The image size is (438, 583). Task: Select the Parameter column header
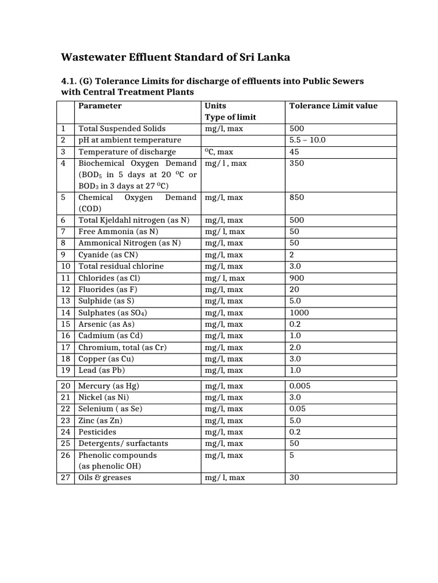pyautogui.click(x=100, y=106)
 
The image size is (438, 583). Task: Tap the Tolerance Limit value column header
pyautogui.click(x=333, y=106)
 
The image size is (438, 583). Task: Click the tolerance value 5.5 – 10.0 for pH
pyautogui.click(x=307, y=140)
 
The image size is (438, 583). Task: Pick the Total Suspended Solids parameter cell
pyautogui.click(x=122, y=129)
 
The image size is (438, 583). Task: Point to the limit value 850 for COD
pyautogui.click(x=297, y=197)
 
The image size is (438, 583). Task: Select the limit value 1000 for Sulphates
pyautogui.click(x=299, y=313)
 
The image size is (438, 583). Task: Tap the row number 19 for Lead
pyautogui.click(x=66, y=370)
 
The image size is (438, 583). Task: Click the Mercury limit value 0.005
pyautogui.click(x=301, y=386)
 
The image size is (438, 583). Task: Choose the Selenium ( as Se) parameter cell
pyautogui.click(x=110, y=409)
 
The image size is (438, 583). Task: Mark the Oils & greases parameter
pyautogui.click(x=104, y=478)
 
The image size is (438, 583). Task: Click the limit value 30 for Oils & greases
pyautogui.click(x=294, y=478)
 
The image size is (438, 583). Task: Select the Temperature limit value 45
pyautogui.click(x=294, y=152)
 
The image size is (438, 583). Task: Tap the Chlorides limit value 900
pyautogui.click(x=297, y=278)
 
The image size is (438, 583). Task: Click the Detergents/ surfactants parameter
pyautogui.click(x=123, y=444)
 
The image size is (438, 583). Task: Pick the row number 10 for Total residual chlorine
pyautogui.click(x=66, y=266)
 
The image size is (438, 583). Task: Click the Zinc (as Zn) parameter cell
pyautogui.click(x=100, y=421)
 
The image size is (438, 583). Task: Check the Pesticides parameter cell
pyautogui.click(x=97, y=432)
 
